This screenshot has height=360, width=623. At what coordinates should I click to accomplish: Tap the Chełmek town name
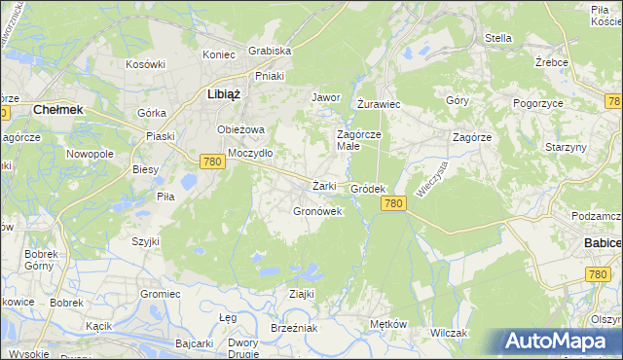(57, 110)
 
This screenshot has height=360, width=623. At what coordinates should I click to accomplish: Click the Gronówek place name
(317, 210)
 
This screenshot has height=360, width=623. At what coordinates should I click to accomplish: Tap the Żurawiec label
(380, 103)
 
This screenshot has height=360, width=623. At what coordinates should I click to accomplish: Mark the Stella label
(498, 39)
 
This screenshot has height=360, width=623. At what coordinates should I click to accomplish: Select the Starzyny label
(566, 147)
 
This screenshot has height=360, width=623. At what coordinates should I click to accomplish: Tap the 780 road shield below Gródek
(393, 202)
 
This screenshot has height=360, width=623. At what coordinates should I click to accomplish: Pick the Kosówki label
(146, 64)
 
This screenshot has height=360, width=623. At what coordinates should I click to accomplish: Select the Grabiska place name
(270, 51)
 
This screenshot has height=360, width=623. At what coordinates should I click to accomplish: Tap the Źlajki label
(300, 294)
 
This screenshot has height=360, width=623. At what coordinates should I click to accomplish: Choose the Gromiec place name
(161, 294)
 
